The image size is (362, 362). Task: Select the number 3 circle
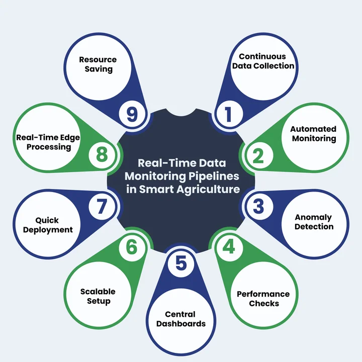(258, 207)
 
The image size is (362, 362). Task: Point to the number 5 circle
(181, 263)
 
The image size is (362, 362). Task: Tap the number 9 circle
(132, 114)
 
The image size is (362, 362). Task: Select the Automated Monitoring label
(313, 134)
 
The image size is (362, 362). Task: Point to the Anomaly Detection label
(314, 222)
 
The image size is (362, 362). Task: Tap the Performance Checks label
(263, 299)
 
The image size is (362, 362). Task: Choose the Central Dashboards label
(181, 319)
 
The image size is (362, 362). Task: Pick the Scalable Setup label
(98, 296)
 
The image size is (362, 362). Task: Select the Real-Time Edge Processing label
(48, 142)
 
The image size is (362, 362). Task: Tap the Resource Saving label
(98, 64)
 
